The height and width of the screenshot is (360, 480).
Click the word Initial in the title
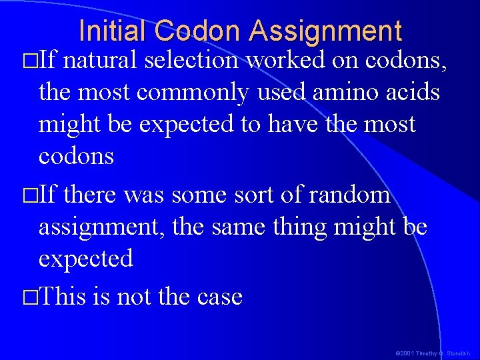[113, 31]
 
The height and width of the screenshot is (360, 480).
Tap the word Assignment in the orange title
[326, 31]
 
